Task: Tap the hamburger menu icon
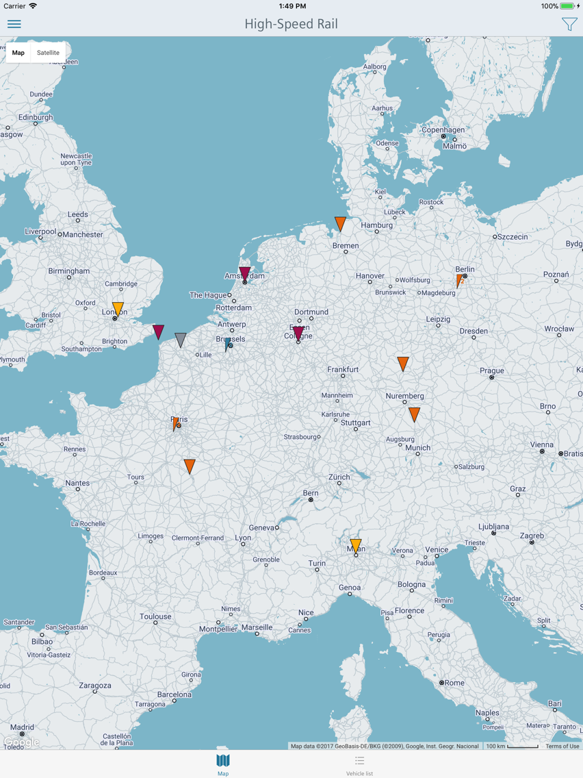coord(14,24)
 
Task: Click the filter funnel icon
coord(569,24)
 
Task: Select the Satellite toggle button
coord(48,53)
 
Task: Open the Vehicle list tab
coord(359,765)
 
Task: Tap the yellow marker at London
coord(118,308)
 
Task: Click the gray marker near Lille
coord(181,339)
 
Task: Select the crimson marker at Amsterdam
coord(245,273)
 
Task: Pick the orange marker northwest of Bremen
coord(340,223)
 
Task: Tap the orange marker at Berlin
coord(459,280)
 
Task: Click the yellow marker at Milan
coord(356,545)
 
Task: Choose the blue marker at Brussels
coord(227,344)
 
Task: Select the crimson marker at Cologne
coord(298,333)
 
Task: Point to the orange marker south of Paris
coord(190,466)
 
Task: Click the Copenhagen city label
coord(443,129)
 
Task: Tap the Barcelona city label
coord(174,694)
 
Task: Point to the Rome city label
coord(454,683)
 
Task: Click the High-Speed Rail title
coord(291,24)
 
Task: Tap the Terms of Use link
coord(562,746)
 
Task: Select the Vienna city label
coord(542,444)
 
